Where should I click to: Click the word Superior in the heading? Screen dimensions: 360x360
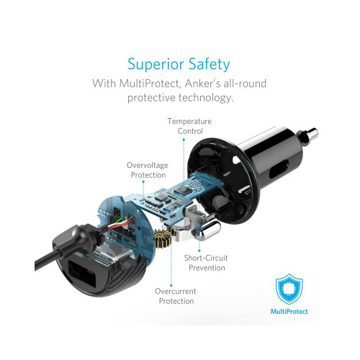pos(156,64)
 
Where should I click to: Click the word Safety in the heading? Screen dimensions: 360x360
pos(209,65)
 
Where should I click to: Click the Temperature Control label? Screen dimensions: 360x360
pos(189,126)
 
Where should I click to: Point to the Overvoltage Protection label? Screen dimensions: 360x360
pos(148,170)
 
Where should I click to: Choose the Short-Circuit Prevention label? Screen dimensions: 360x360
pos(206,263)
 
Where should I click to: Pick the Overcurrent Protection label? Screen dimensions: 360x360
pos(176,296)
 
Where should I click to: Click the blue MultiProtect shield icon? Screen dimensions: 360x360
pos(289,289)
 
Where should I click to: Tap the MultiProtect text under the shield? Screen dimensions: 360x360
pos(289,312)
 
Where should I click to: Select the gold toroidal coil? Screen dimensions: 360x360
pos(163,238)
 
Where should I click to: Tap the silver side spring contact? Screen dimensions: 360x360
pos(210,230)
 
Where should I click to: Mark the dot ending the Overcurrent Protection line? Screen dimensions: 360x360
pos(171,285)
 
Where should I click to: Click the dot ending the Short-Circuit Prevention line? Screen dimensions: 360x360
pos(199,251)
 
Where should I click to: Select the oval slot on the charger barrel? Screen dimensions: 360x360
pos(279,169)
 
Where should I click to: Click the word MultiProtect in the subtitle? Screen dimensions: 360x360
pos(149,84)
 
